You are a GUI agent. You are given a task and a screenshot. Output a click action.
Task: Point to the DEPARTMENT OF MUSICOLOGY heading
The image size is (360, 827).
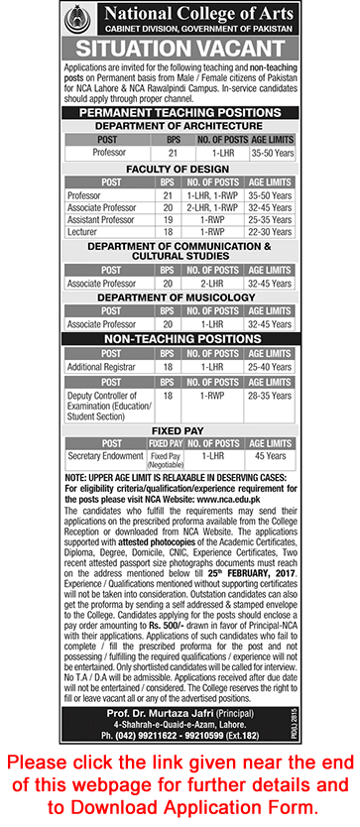click(x=180, y=294)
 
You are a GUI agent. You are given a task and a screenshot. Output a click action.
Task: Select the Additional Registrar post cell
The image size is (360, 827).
click(x=103, y=366)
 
